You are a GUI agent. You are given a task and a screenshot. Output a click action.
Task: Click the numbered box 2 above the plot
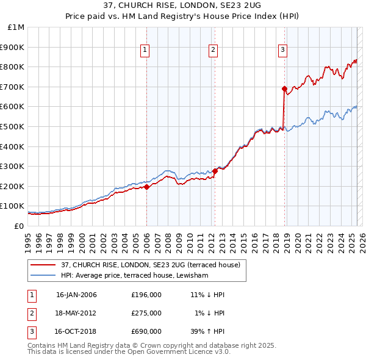pos(213,51)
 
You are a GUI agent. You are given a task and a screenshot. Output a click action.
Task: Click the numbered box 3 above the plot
pos(283,51)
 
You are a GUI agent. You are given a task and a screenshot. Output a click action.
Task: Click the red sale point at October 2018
pos(284,89)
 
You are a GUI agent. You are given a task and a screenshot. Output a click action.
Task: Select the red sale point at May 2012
pos(215,171)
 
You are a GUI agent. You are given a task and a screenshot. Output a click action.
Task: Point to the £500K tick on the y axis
pos(13,126)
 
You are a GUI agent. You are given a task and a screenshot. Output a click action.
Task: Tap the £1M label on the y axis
pos(16,27)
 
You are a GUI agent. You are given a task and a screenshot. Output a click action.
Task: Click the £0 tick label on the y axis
pos(19,226)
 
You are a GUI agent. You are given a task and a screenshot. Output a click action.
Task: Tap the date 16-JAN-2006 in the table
pos(76,295)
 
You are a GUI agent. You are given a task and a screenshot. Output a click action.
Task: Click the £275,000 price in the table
pos(146,313)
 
